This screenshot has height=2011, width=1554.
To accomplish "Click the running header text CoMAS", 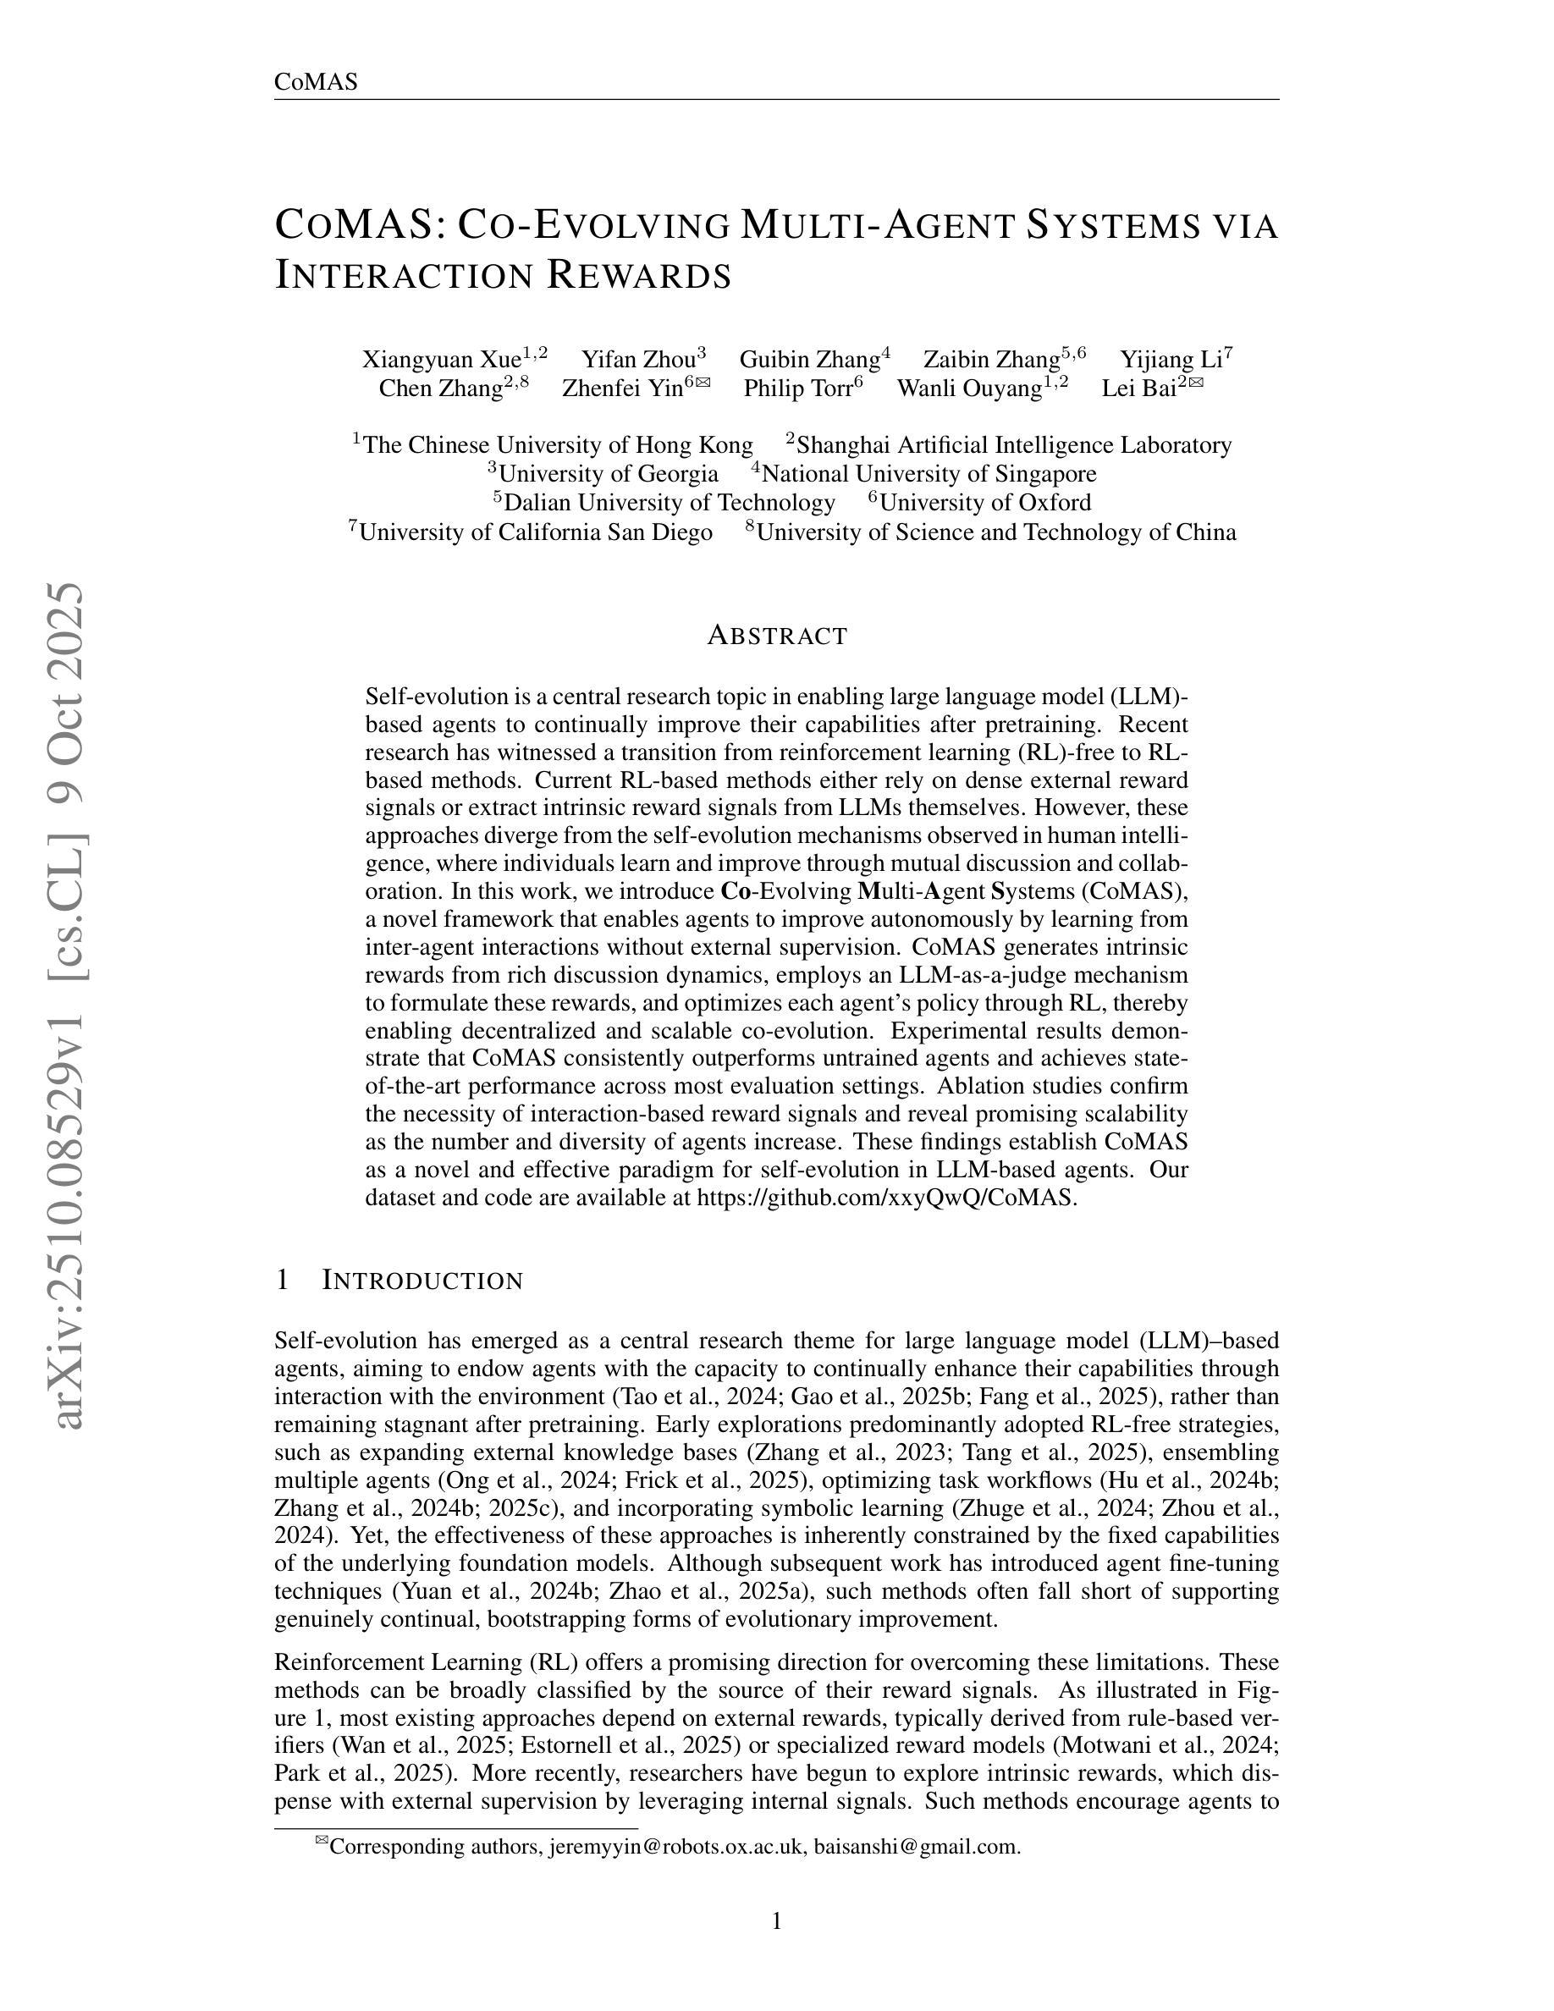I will pyautogui.click(x=316, y=82).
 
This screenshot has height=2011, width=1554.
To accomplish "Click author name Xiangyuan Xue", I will pyautogui.click(x=442, y=359).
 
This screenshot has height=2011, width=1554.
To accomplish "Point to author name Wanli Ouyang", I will pyautogui.click(x=969, y=388).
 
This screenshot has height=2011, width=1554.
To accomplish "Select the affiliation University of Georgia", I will pyautogui.click(x=609, y=474).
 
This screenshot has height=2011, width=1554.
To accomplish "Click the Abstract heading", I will pyautogui.click(x=777, y=636).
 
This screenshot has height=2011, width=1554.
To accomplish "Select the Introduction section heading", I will pyautogui.click(x=422, y=1281).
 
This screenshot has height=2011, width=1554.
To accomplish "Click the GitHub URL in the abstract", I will pyautogui.click(x=884, y=1198).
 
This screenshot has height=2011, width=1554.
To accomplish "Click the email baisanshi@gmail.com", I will pyautogui.click(x=916, y=1846).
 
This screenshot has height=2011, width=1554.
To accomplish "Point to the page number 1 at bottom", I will pyautogui.click(x=777, y=1921).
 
